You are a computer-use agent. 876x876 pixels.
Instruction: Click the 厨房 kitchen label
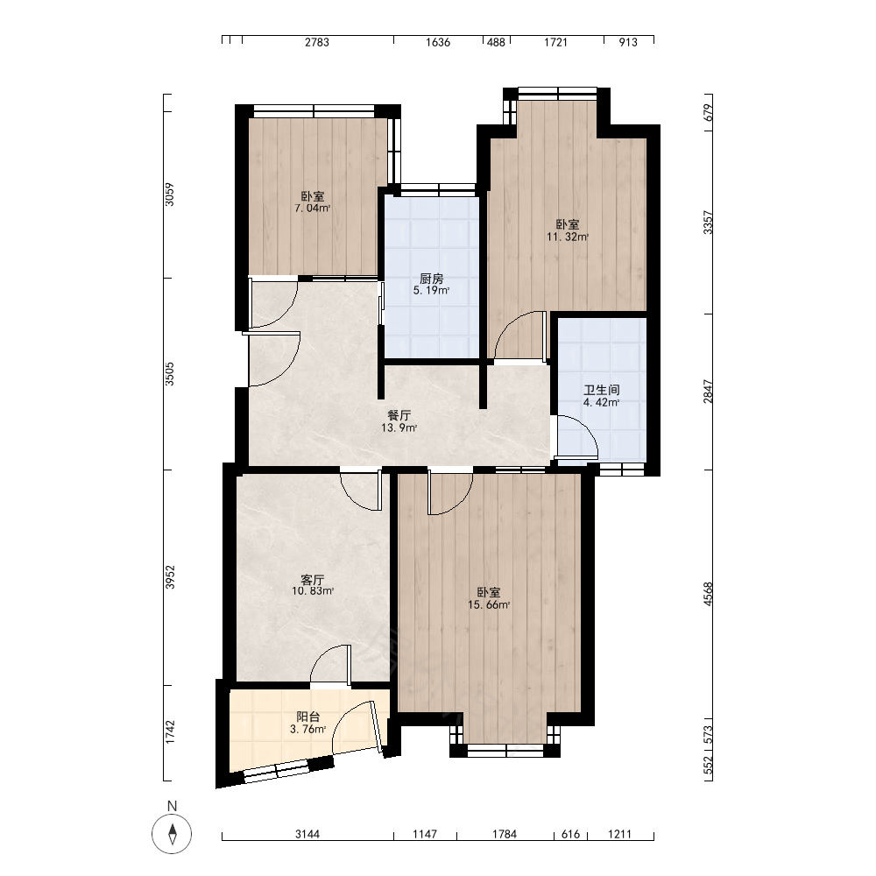(x=431, y=279)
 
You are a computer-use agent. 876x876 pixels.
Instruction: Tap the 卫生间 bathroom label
(x=602, y=390)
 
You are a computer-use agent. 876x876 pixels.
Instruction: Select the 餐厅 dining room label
(x=399, y=415)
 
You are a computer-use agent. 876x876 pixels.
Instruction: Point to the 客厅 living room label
(x=313, y=580)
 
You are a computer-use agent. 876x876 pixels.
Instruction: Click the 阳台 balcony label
(x=307, y=717)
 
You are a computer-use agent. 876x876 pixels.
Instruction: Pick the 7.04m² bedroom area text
(x=313, y=208)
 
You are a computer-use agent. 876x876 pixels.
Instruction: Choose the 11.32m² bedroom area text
(x=568, y=237)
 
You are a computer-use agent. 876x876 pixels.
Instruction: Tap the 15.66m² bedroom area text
(x=489, y=604)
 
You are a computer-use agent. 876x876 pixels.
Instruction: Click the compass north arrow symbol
(x=172, y=834)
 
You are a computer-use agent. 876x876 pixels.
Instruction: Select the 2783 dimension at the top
(x=317, y=42)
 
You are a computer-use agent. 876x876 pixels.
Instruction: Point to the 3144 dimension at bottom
(x=307, y=834)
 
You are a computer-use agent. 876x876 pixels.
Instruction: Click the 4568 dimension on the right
(x=709, y=594)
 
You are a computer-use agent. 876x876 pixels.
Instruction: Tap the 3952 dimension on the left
(x=171, y=577)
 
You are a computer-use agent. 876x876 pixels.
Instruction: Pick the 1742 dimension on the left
(x=171, y=731)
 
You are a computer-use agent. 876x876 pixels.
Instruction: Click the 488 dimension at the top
(x=496, y=42)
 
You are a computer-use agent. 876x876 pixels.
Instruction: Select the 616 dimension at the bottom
(x=570, y=834)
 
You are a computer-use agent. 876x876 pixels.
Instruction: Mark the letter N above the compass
(x=172, y=806)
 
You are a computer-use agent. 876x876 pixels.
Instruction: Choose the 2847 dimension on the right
(x=709, y=392)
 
